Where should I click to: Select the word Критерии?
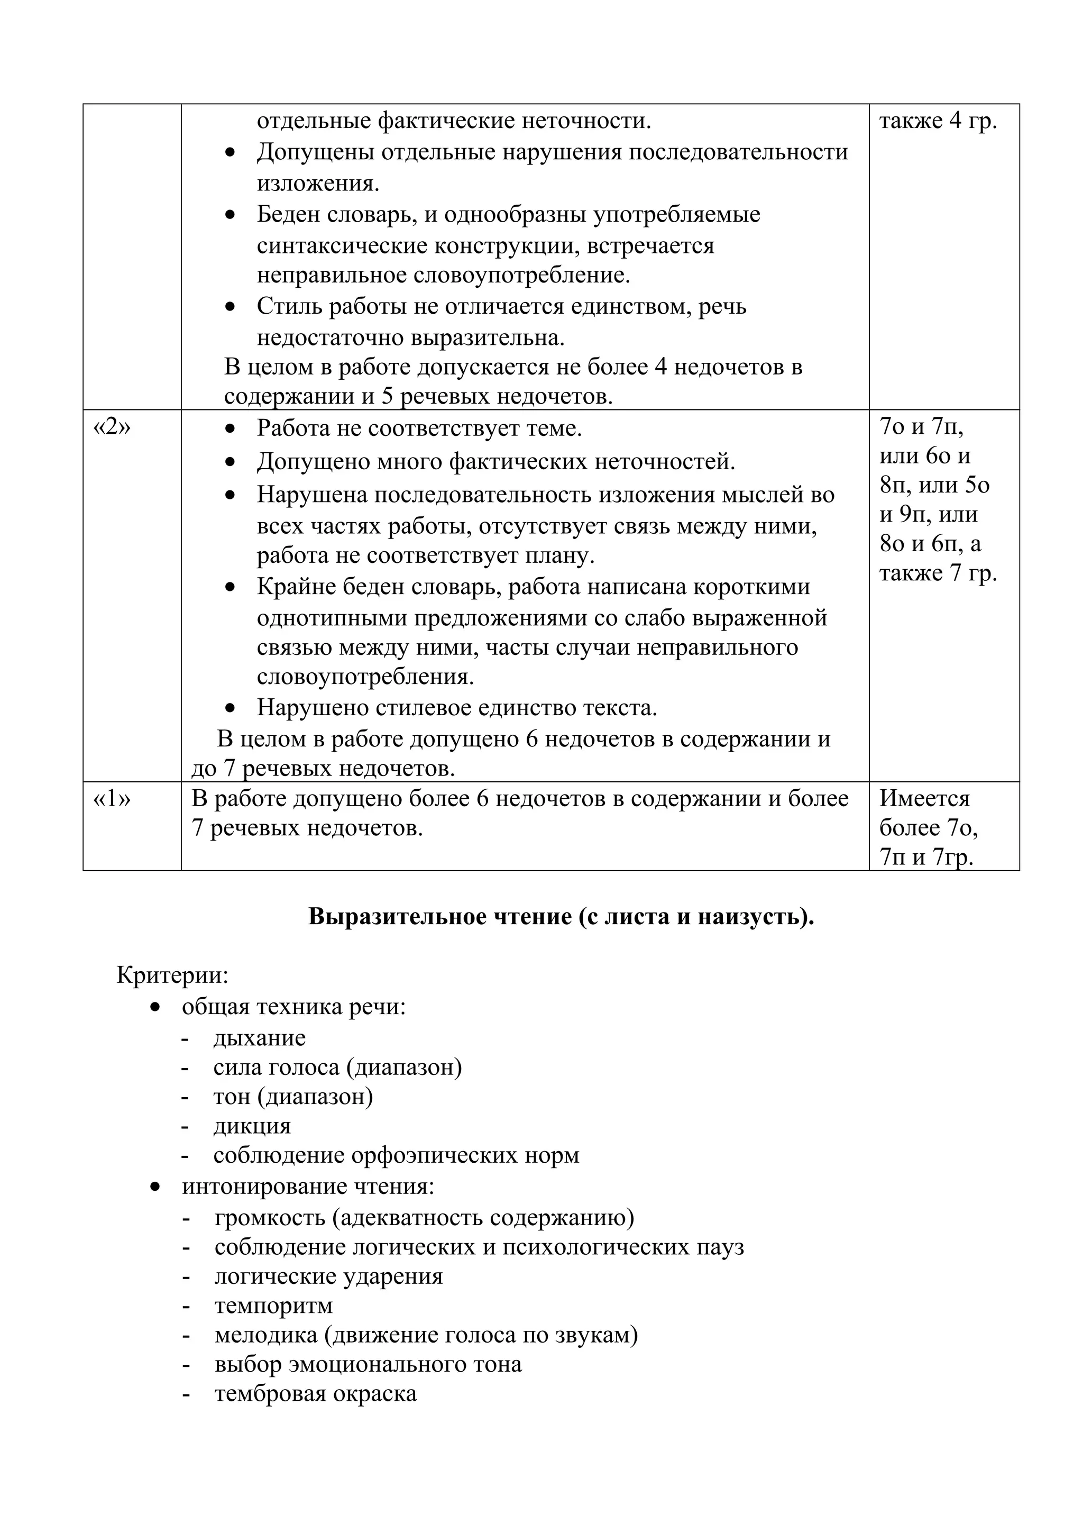pyautogui.click(x=172, y=975)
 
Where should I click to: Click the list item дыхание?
pyautogui.click(x=260, y=1037)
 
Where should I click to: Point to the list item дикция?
pyautogui.click(x=252, y=1126)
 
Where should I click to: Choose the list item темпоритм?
pyautogui.click(x=273, y=1304)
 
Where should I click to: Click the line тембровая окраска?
pyautogui.click(x=315, y=1393)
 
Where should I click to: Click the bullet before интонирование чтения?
pyautogui.click(x=155, y=1187)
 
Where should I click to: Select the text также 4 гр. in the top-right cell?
pyautogui.click(x=938, y=122)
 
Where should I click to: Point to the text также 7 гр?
pyautogui.click(x=938, y=573)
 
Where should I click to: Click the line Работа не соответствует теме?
pyautogui.click(x=419, y=428)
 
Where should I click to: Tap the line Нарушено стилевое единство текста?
pyautogui.click(x=457, y=707)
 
